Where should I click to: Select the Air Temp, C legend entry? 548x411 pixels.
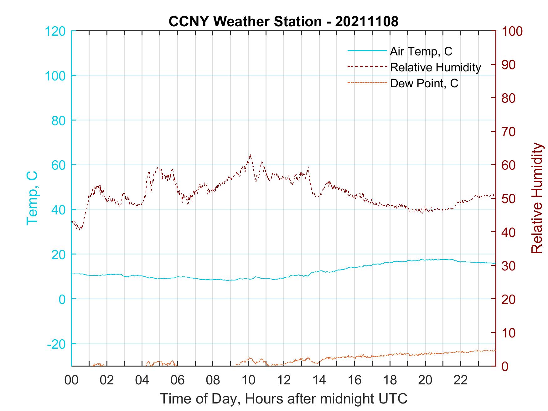[421, 51]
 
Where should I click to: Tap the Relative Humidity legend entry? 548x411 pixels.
[435, 67]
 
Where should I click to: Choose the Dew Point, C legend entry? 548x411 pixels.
[424, 83]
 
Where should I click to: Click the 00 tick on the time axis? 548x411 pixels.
[71, 380]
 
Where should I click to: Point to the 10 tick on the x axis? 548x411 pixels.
[249, 380]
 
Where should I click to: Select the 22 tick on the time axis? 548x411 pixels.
[461, 380]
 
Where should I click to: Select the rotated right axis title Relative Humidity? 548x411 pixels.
[537, 198]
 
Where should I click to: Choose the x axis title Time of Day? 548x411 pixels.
[283, 399]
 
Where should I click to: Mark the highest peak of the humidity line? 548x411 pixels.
[250, 155]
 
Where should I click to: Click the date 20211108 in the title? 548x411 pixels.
[367, 21]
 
